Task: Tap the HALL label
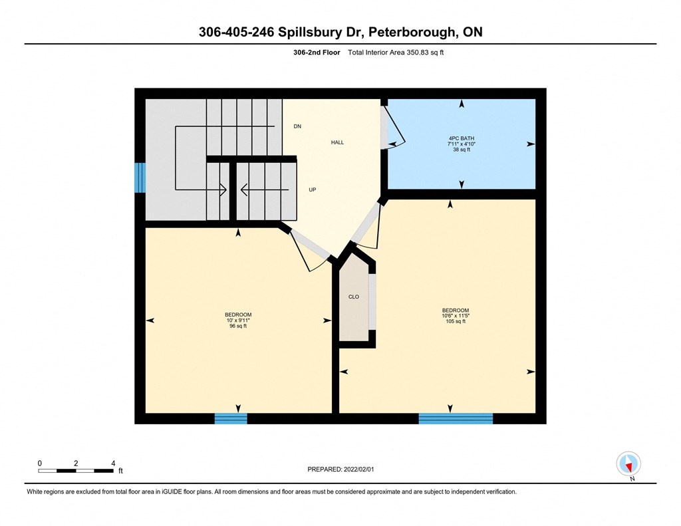coord(337,143)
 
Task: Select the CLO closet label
coord(353,297)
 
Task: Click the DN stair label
coord(297,126)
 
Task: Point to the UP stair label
coord(312,190)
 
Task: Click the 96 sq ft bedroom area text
coord(237,327)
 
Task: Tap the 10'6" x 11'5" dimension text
coord(456,316)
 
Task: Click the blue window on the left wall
coord(140,178)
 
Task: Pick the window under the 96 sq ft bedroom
coord(231,418)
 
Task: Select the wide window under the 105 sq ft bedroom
coord(456,418)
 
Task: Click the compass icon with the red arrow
coord(628,463)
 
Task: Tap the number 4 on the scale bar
coord(113,463)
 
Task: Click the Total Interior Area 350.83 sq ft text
coord(396,53)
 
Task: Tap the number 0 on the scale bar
coord(40,463)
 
